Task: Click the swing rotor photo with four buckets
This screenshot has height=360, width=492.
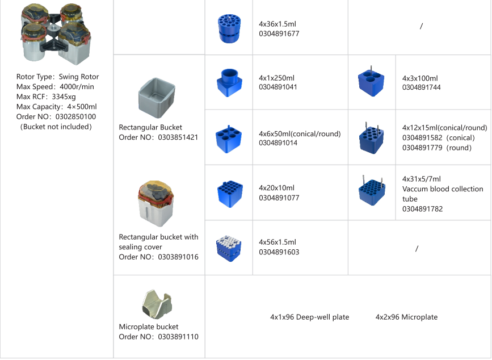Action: click(56, 34)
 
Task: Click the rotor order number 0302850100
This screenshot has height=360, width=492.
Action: click(75, 117)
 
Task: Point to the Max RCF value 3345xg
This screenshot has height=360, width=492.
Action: click(64, 97)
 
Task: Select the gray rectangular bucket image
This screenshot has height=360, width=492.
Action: click(157, 98)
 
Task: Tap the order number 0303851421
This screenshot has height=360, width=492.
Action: click(178, 137)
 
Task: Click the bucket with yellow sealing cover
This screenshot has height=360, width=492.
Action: click(155, 203)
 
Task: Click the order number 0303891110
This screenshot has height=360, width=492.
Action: click(178, 337)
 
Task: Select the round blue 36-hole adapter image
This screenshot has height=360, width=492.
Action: click(229, 28)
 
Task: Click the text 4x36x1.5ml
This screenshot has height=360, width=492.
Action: click(277, 24)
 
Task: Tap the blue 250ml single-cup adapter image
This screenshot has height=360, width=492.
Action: click(229, 82)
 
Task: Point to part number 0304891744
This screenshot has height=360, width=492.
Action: click(422, 87)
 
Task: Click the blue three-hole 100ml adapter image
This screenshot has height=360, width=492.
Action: click(371, 82)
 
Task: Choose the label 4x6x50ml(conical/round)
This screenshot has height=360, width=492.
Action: click(300, 134)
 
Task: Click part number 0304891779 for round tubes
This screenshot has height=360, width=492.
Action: click(422, 148)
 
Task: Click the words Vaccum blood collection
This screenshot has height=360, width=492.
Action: click(443, 189)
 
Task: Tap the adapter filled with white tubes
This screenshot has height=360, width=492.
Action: click(229, 249)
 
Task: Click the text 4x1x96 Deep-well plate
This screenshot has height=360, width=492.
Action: click(310, 317)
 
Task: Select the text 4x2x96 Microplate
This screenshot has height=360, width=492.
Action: click(406, 317)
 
